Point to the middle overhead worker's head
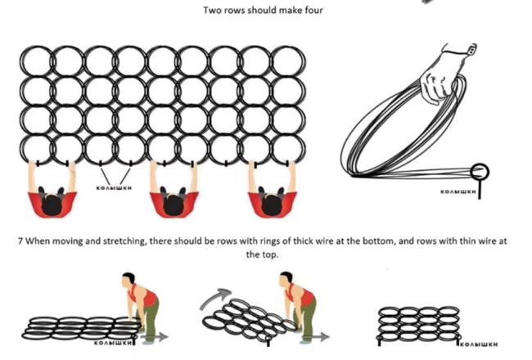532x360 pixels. (173, 200)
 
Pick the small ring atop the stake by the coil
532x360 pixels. (480, 172)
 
